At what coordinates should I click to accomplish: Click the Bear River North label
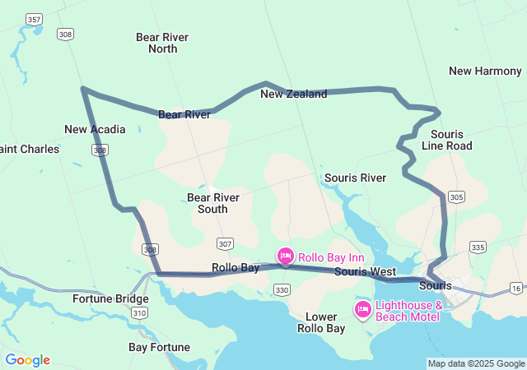(x=162, y=43)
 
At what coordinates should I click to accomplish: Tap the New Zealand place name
(x=293, y=94)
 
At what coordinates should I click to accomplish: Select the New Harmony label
(x=485, y=71)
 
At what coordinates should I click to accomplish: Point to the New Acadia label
(x=95, y=129)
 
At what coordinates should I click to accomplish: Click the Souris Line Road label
(x=447, y=140)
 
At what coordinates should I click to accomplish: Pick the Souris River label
(x=355, y=178)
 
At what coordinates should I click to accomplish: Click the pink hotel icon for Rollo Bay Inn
(x=285, y=257)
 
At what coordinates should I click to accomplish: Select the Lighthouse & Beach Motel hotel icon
(x=362, y=309)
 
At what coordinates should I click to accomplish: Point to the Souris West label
(x=365, y=271)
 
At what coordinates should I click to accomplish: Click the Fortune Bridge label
(x=110, y=298)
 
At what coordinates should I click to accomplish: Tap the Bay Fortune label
(x=160, y=347)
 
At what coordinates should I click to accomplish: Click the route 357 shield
(x=34, y=18)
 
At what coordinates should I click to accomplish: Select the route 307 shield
(x=226, y=244)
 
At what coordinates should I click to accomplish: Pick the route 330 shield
(x=282, y=289)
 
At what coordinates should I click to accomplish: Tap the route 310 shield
(x=140, y=313)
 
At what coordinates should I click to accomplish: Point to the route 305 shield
(x=457, y=197)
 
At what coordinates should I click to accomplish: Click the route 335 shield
(x=477, y=247)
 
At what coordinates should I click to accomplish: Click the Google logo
(x=27, y=360)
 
